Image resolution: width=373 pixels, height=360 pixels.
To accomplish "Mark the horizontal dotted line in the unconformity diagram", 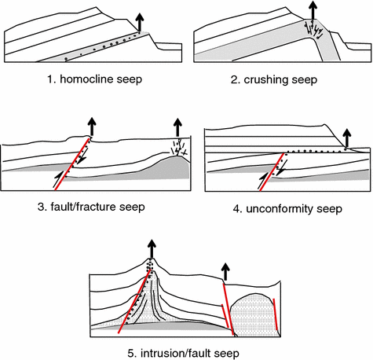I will (x=314, y=151).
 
